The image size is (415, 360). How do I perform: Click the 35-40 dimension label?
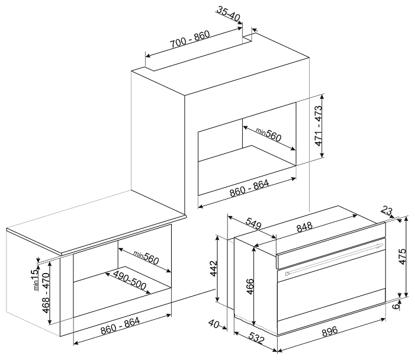click(228, 14)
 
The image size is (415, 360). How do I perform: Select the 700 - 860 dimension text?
click(190, 39)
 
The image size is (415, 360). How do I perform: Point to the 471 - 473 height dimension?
click(319, 126)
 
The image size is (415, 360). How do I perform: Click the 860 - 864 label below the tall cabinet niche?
click(249, 188)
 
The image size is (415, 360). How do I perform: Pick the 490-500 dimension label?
click(130, 280)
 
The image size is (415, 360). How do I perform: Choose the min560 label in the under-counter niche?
click(146, 258)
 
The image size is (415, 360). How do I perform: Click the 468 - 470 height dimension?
click(46, 293)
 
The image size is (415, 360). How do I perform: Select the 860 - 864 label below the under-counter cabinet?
click(120, 326)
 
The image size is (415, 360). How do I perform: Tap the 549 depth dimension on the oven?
click(253, 224)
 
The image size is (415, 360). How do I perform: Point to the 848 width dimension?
click(304, 227)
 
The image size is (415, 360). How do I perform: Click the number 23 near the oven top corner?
click(387, 211)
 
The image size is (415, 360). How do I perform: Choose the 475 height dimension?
click(403, 256)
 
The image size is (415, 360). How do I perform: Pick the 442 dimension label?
click(213, 269)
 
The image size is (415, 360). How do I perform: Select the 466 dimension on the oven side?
click(250, 287)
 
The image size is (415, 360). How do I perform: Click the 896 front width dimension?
click(330, 331)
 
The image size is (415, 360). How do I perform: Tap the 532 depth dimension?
click(256, 337)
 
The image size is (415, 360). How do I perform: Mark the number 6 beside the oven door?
click(396, 306)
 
